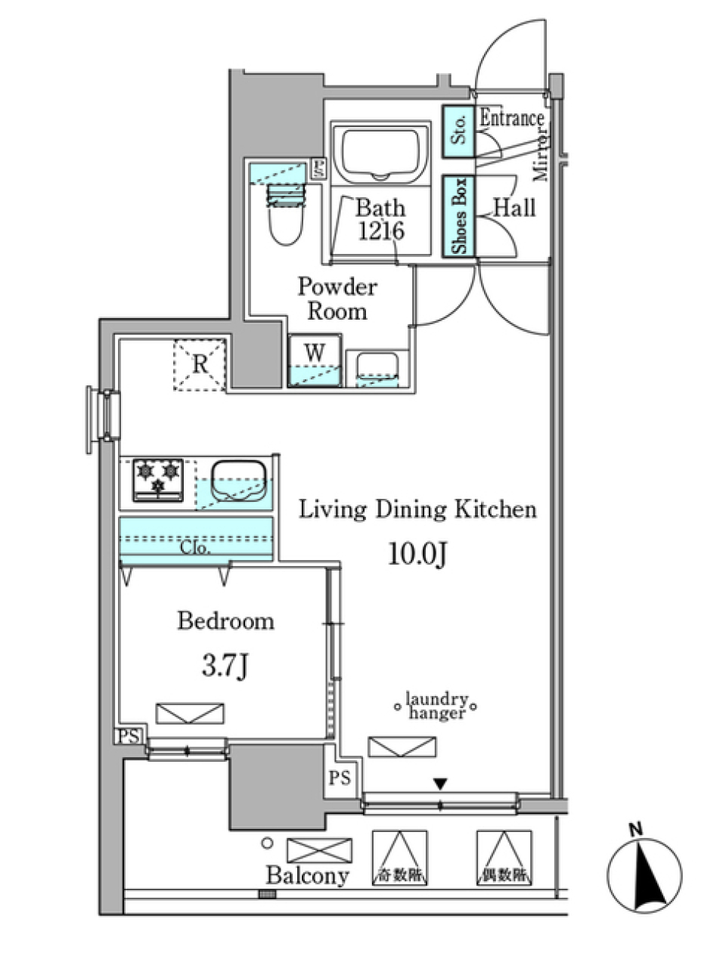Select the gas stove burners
coord(158,480)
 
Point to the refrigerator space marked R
coord(200,365)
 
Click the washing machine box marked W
coord(315,360)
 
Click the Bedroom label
coord(225,621)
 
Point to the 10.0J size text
coord(418,555)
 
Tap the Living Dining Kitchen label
coord(417,509)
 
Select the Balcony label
coord(307,876)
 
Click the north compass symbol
coord(644,874)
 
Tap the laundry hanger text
coord(436,707)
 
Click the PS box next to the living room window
coord(340,778)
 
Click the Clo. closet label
coord(195,548)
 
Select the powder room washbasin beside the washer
coord(377,368)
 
